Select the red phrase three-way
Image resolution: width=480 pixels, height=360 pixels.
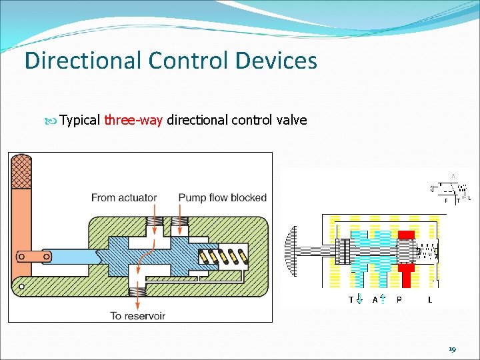(x=133, y=120)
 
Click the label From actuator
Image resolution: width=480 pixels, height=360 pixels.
(x=124, y=197)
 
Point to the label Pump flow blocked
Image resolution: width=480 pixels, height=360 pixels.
(x=222, y=197)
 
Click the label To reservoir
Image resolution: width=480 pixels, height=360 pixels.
(x=138, y=315)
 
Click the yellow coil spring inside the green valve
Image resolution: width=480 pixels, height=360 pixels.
(x=225, y=256)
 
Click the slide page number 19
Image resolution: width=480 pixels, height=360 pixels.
(x=453, y=349)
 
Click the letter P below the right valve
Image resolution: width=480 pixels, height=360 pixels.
(x=399, y=299)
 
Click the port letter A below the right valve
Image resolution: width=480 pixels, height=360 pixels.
(x=375, y=299)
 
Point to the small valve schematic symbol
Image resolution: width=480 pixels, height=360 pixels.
(x=452, y=190)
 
